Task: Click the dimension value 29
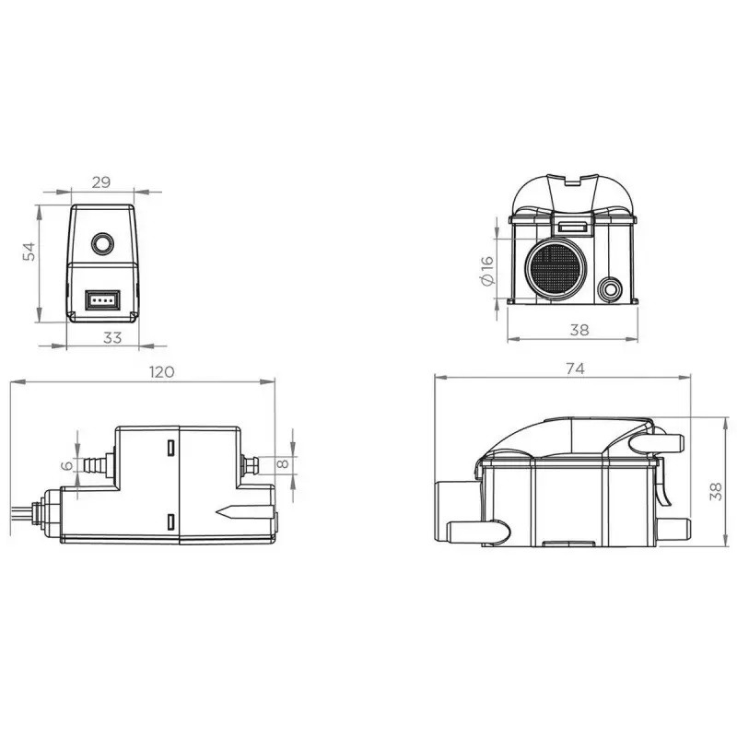[x=101, y=181]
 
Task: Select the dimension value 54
[x=29, y=252]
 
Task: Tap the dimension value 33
[x=112, y=337]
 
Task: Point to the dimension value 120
[x=162, y=372]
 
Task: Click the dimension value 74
[x=575, y=368]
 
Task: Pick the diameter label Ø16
[x=487, y=270]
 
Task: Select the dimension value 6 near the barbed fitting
[x=67, y=465]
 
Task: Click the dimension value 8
[x=283, y=463]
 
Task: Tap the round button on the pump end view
[x=102, y=243]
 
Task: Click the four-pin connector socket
[x=102, y=300]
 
